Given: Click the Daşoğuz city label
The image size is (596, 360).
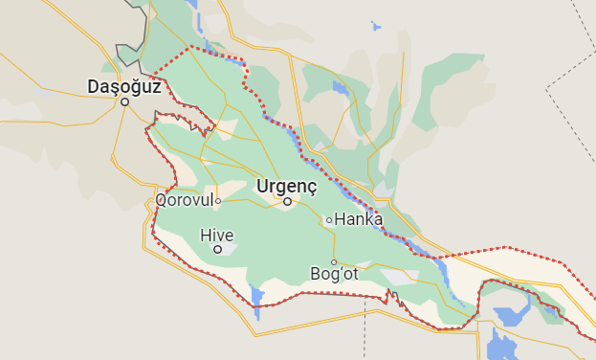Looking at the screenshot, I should click(x=123, y=86).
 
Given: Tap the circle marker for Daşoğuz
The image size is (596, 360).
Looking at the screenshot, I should click(x=124, y=102).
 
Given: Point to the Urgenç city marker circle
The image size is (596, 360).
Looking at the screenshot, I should click(x=287, y=201).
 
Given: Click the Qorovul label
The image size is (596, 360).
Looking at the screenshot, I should click(x=184, y=201).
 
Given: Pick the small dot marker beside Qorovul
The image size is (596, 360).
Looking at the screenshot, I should click(x=218, y=201).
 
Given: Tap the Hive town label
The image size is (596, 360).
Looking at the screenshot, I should click(x=216, y=235).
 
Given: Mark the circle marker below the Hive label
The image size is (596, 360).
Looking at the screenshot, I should click(x=217, y=249).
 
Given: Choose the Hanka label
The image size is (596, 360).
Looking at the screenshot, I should click(x=359, y=219).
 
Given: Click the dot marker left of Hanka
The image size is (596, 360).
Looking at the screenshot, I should click(x=329, y=219).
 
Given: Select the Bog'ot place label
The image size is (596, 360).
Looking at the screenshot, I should click(x=334, y=274).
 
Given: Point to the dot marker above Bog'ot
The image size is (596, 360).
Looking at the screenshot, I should click(x=334, y=261).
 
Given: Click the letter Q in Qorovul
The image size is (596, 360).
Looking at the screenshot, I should click(x=161, y=201).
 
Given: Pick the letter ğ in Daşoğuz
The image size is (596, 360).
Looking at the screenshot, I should click(x=139, y=87).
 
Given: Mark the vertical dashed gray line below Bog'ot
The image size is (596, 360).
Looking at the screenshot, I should click(x=364, y=330).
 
